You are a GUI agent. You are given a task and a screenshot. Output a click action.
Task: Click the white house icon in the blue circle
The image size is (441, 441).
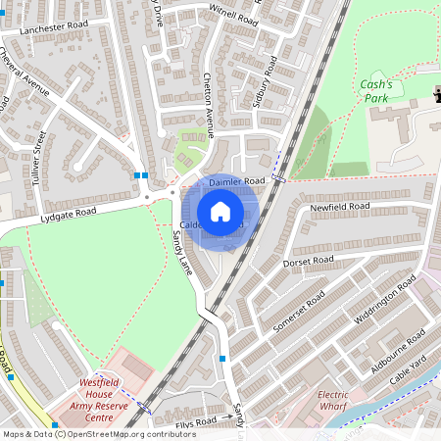pos(220,212)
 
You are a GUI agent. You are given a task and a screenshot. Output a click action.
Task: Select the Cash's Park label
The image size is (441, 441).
pos(375,91)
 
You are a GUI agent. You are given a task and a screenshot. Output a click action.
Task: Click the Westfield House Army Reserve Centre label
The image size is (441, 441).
pos(100,399)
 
